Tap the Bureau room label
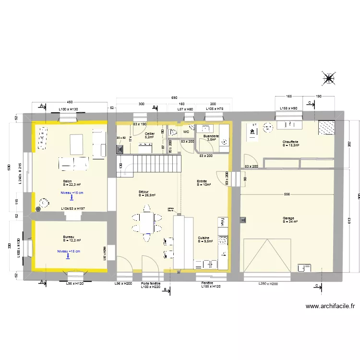(x=69, y=237)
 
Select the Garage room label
(x=290, y=218)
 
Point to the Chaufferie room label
(x=291, y=142)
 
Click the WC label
(x=186, y=131)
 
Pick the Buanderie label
(x=211, y=136)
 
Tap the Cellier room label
(x=150, y=134)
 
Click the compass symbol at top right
(x=329, y=78)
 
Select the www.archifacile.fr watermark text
(x=330, y=306)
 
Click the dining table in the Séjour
(x=146, y=222)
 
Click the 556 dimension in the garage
(x=287, y=194)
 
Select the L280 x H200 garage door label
(x=268, y=284)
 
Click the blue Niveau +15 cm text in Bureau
(x=69, y=251)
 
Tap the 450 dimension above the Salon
(x=70, y=102)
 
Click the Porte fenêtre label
(x=150, y=284)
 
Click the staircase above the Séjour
(x=149, y=162)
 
